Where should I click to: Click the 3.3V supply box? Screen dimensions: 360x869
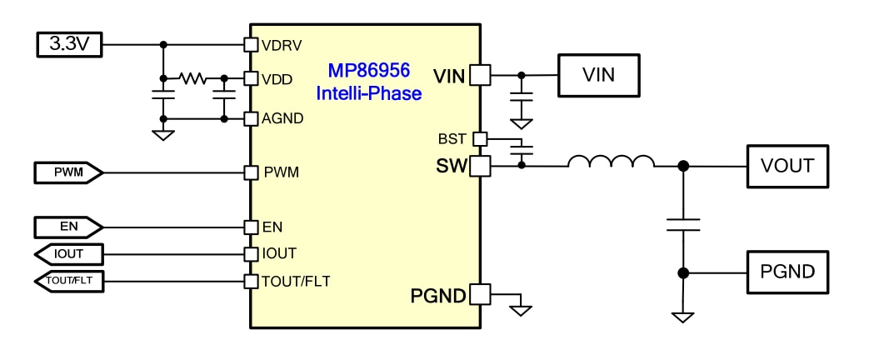(69, 44)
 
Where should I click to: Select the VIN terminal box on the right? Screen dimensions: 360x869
(598, 75)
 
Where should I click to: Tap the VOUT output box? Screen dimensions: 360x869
(787, 166)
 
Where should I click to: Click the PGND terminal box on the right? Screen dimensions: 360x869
(787, 272)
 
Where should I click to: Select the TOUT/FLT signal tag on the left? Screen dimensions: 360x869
(69, 282)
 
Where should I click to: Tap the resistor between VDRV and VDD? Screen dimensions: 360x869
(193, 78)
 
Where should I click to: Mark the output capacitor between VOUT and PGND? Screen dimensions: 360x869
(683, 223)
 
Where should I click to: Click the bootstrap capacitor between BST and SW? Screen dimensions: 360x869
(522, 152)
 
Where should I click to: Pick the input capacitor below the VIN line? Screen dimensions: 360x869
(522, 100)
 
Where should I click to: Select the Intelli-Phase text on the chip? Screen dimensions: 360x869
(368, 93)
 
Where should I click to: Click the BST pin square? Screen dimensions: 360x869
(479, 138)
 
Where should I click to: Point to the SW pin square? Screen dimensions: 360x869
(479, 166)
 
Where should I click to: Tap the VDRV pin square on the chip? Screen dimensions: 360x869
(249, 44)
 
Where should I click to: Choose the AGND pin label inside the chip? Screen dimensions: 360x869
(282, 118)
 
